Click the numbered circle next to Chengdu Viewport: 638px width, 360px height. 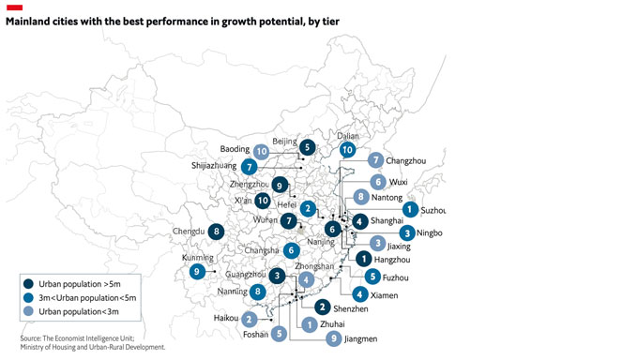click(x=218, y=232)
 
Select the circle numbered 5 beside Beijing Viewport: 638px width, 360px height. click(x=307, y=147)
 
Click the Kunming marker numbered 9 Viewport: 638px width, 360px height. click(x=197, y=271)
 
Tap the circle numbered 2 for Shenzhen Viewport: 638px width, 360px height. click(x=322, y=307)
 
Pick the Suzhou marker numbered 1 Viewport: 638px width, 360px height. click(x=410, y=210)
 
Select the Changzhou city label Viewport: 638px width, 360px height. click(x=405, y=160)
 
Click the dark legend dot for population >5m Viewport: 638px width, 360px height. click(x=29, y=283)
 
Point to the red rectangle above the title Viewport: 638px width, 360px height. click(x=14, y=7)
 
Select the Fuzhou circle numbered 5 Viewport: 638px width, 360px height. click(x=372, y=276)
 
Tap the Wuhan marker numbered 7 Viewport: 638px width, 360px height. click(x=289, y=220)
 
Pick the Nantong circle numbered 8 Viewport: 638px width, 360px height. click(x=361, y=197)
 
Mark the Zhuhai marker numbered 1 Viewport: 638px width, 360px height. click(x=309, y=324)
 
